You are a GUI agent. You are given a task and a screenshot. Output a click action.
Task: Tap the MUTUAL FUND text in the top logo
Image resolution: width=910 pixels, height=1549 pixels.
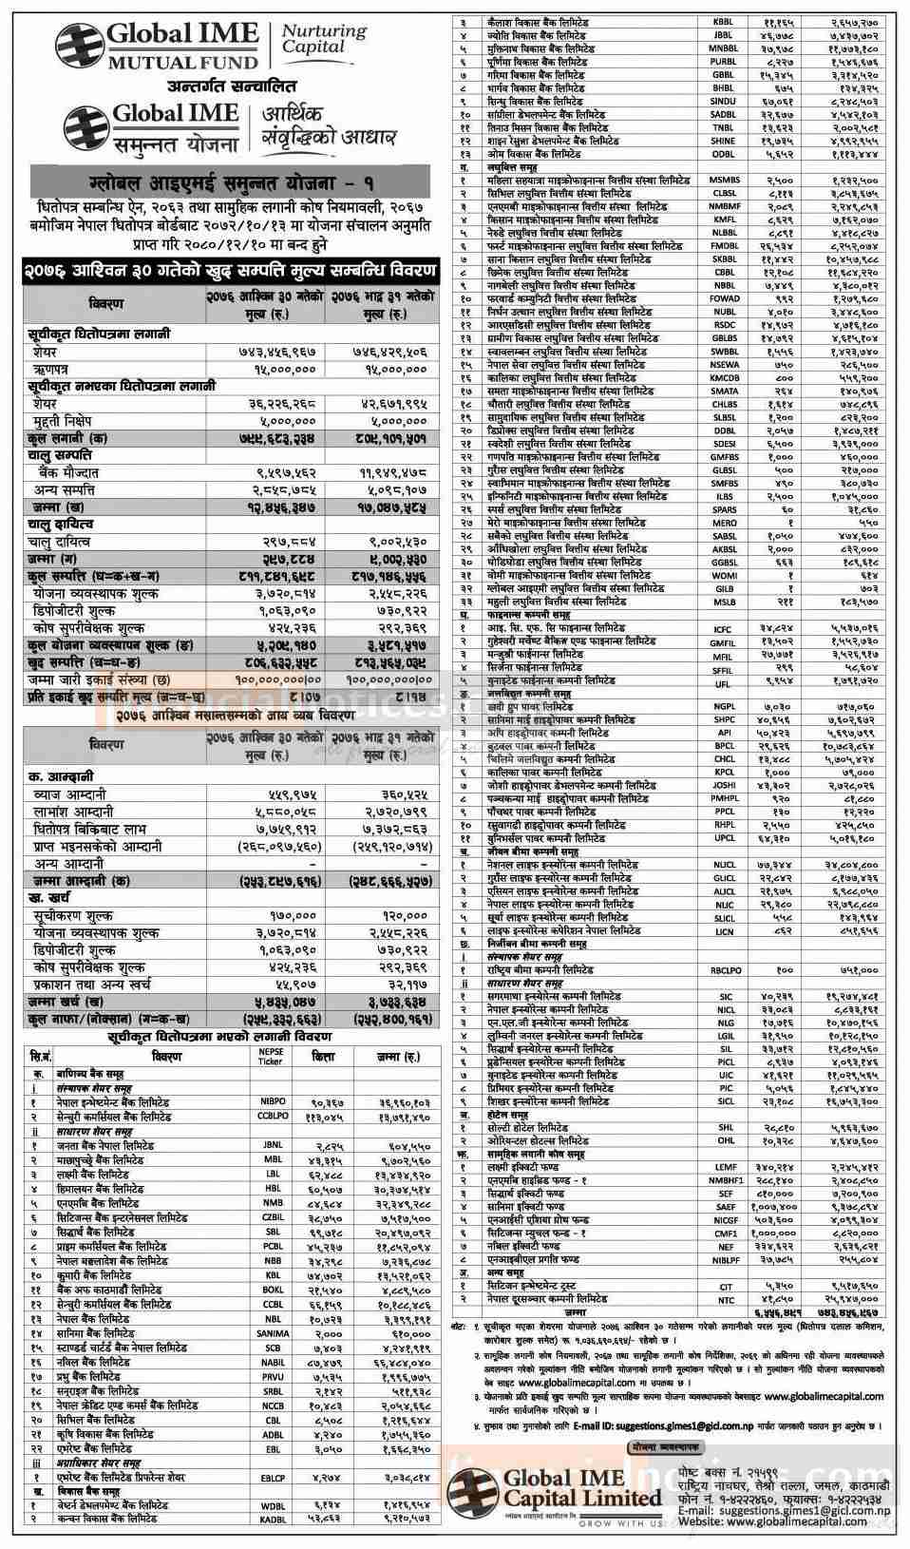point(181,63)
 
